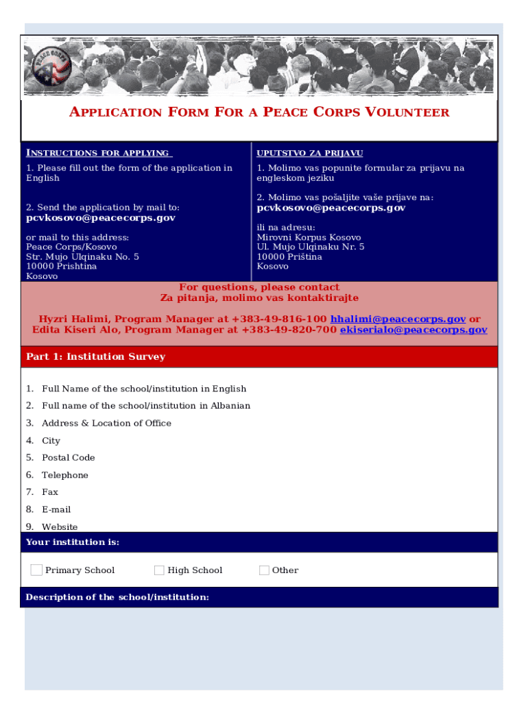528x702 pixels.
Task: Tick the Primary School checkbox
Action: pyautogui.click(x=36, y=570)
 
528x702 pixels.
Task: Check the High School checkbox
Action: pyautogui.click(x=159, y=570)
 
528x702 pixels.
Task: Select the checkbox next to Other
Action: pyautogui.click(x=264, y=570)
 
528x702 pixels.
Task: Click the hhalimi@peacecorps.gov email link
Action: pyautogui.click(x=398, y=319)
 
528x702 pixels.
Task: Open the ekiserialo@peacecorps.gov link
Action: pyautogui.click(x=413, y=330)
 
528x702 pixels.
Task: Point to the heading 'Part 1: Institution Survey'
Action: pyautogui.click(x=95, y=356)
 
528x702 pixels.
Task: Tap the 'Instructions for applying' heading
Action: pyautogui.click(x=97, y=153)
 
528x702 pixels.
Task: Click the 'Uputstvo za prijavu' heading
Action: pyautogui.click(x=309, y=153)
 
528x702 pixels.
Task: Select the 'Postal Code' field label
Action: pyautogui.click(x=68, y=457)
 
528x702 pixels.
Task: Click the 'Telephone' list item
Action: pyautogui.click(x=64, y=475)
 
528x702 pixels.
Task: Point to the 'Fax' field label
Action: pyautogui.click(x=49, y=492)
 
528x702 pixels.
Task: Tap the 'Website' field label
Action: pyautogui.click(x=60, y=526)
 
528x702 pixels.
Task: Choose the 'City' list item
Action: pyautogui.click(x=51, y=441)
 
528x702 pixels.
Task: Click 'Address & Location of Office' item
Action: pyautogui.click(x=106, y=423)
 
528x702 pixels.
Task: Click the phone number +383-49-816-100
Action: pyautogui.click(x=279, y=319)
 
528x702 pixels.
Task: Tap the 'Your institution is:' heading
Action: pyautogui.click(x=73, y=542)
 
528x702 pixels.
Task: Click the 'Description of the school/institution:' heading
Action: pyautogui.click(x=117, y=597)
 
